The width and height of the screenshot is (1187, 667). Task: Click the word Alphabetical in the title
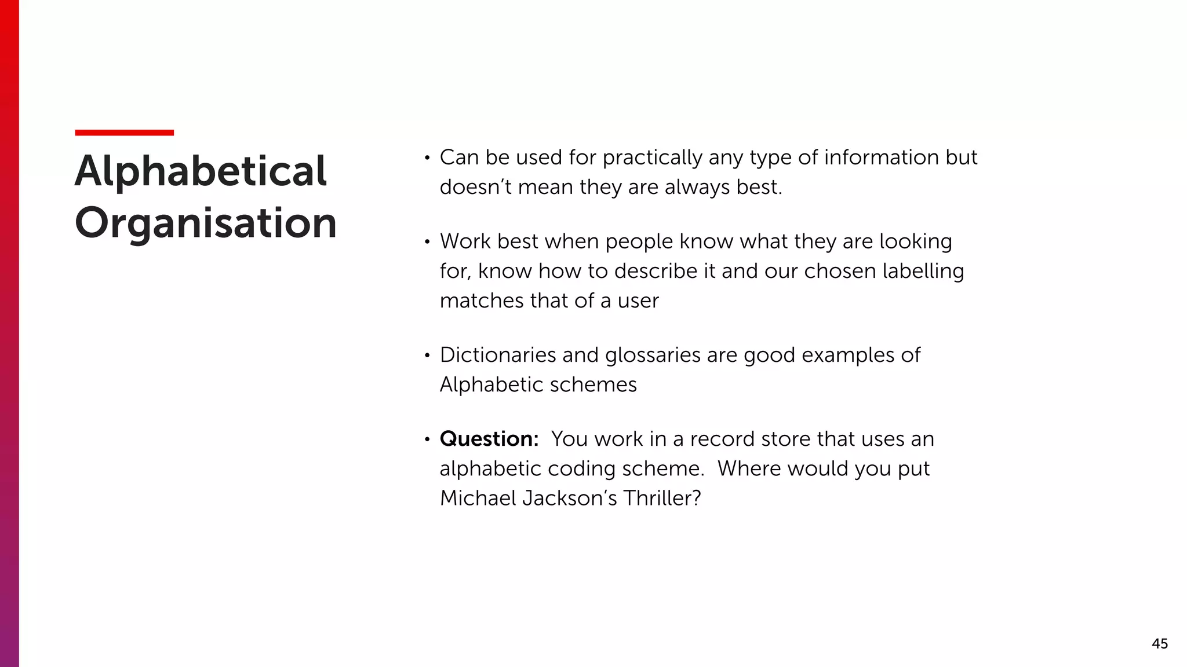[201, 171]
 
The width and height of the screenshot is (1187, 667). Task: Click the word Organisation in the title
[206, 223]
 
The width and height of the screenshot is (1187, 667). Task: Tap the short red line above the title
[124, 133]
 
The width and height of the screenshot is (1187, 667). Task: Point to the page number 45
[1159, 643]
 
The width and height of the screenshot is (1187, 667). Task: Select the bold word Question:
[489, 439]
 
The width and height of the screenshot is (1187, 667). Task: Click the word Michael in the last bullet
[477, 498]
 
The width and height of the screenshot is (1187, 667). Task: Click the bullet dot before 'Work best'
[427, 242]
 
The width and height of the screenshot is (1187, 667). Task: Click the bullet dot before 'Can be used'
[427, 158]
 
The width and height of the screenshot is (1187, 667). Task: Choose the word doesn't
[475, 187]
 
